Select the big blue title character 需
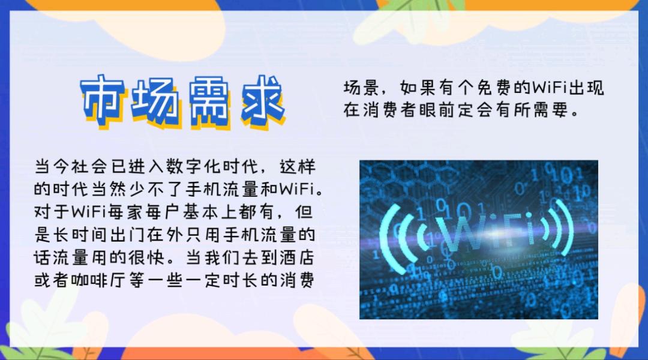pyautogui.click(x=210, y=101)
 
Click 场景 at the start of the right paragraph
pyautogui.click(x=361, y=88)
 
